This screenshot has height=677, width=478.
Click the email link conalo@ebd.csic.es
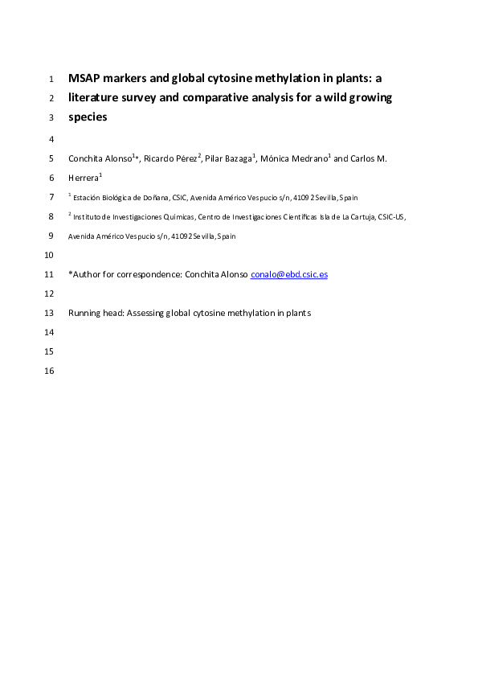(289, 274)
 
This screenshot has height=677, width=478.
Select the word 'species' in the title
(88, 117)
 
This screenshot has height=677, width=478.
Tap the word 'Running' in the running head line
(86, 313)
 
